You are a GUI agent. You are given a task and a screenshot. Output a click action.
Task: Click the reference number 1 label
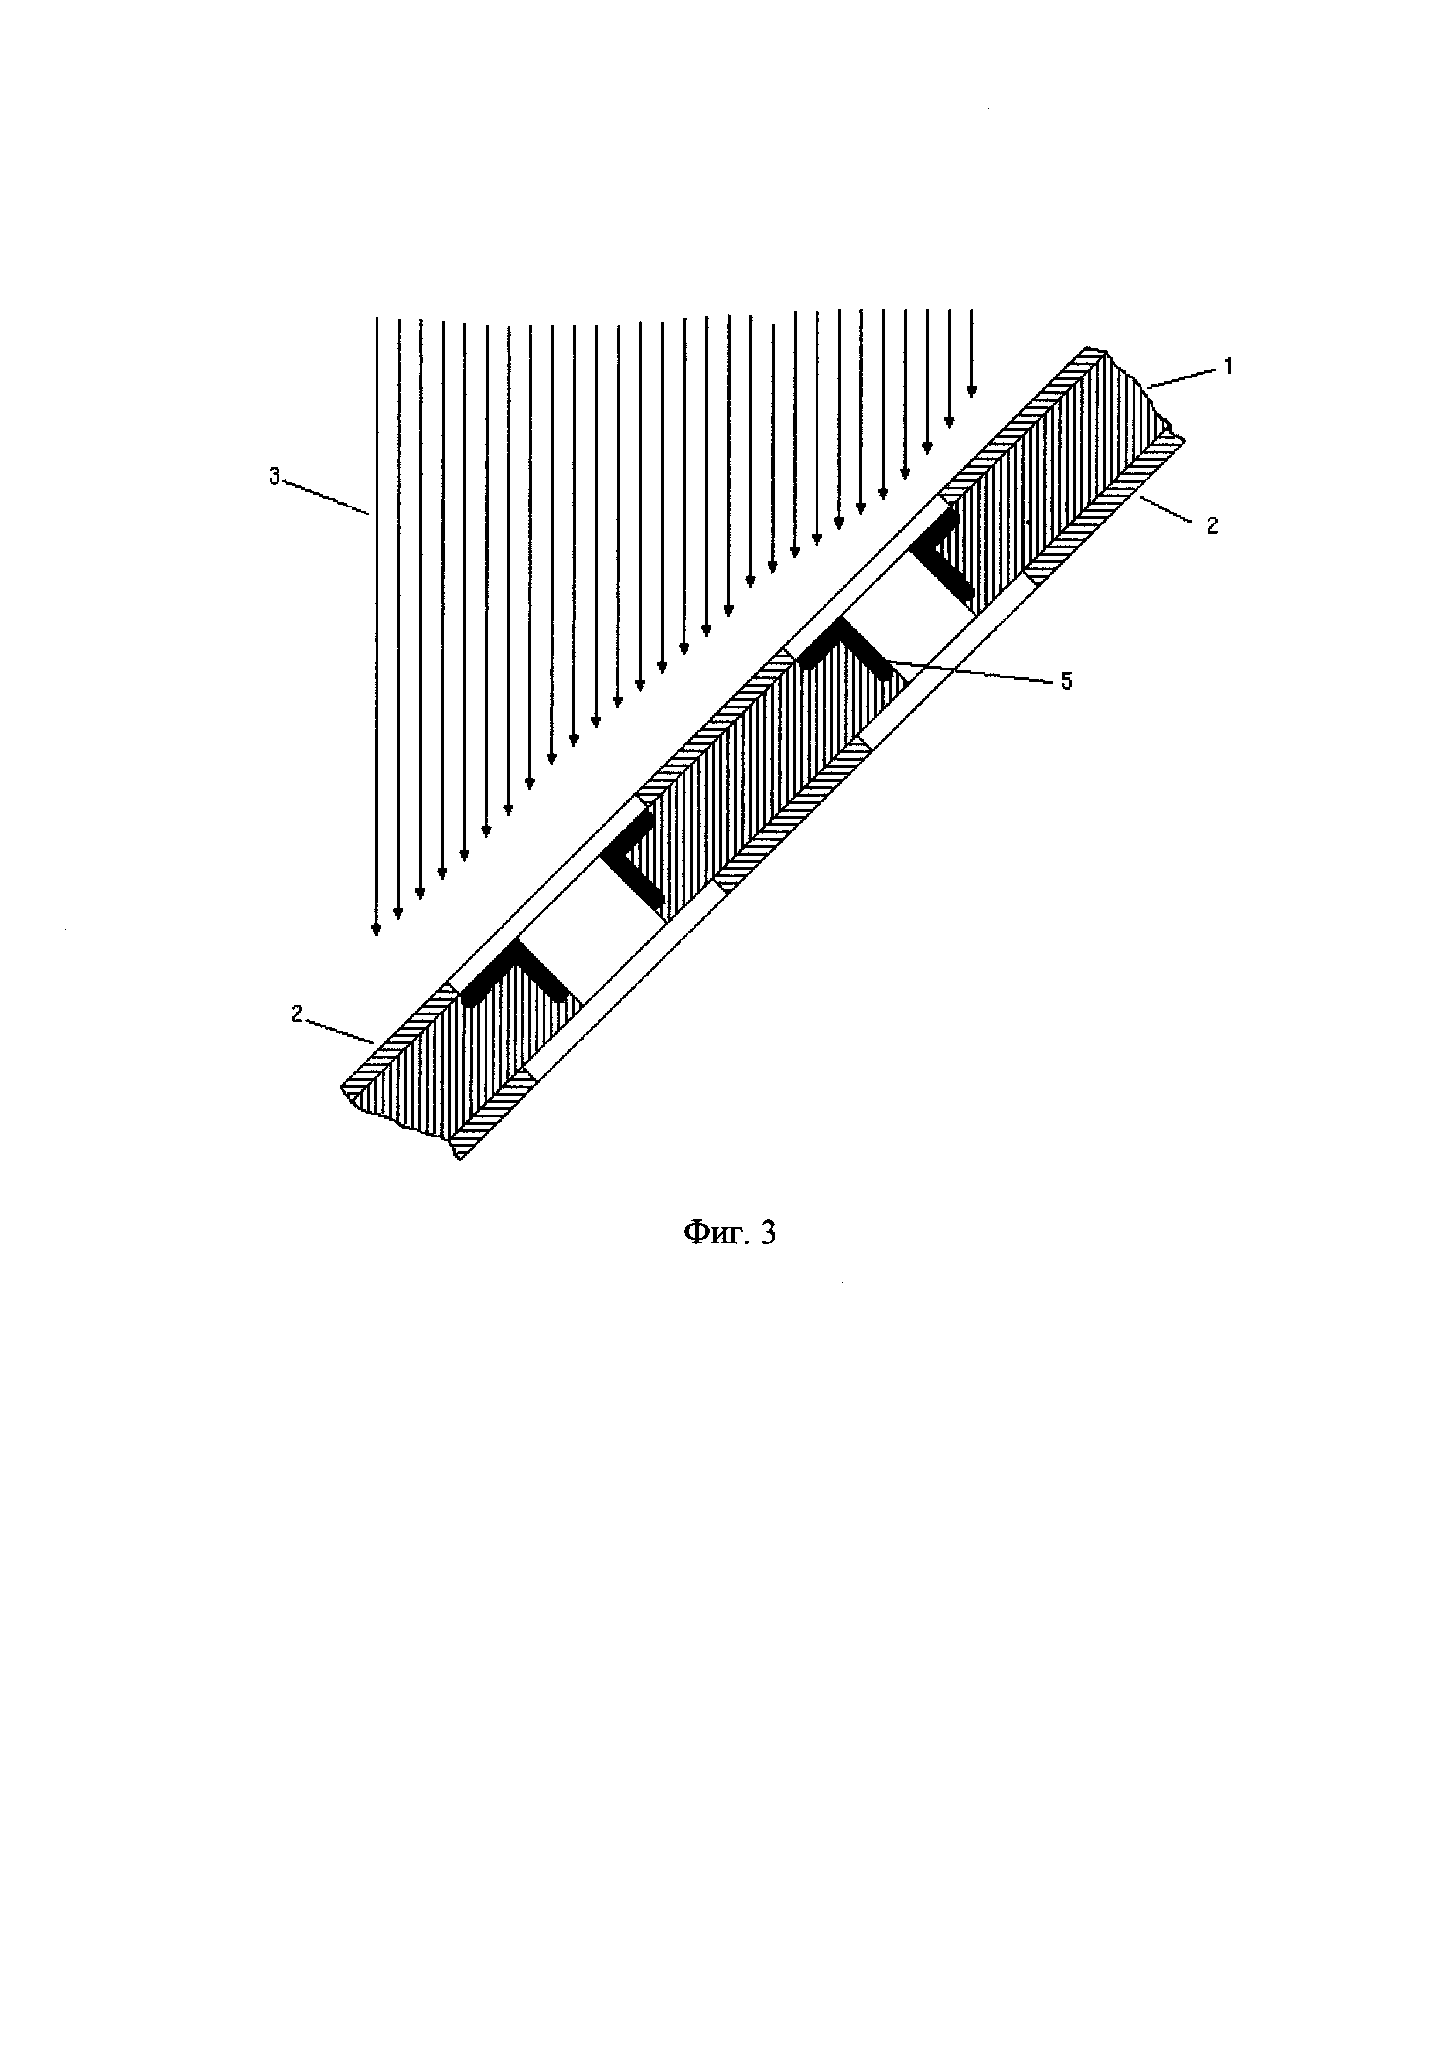point(1229,366)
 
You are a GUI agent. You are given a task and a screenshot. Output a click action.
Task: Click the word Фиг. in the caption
point(708,1234)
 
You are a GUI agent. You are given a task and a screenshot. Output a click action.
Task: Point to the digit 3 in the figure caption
point(768,1234)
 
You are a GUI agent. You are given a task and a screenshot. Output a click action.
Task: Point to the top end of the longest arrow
point(376,319)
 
